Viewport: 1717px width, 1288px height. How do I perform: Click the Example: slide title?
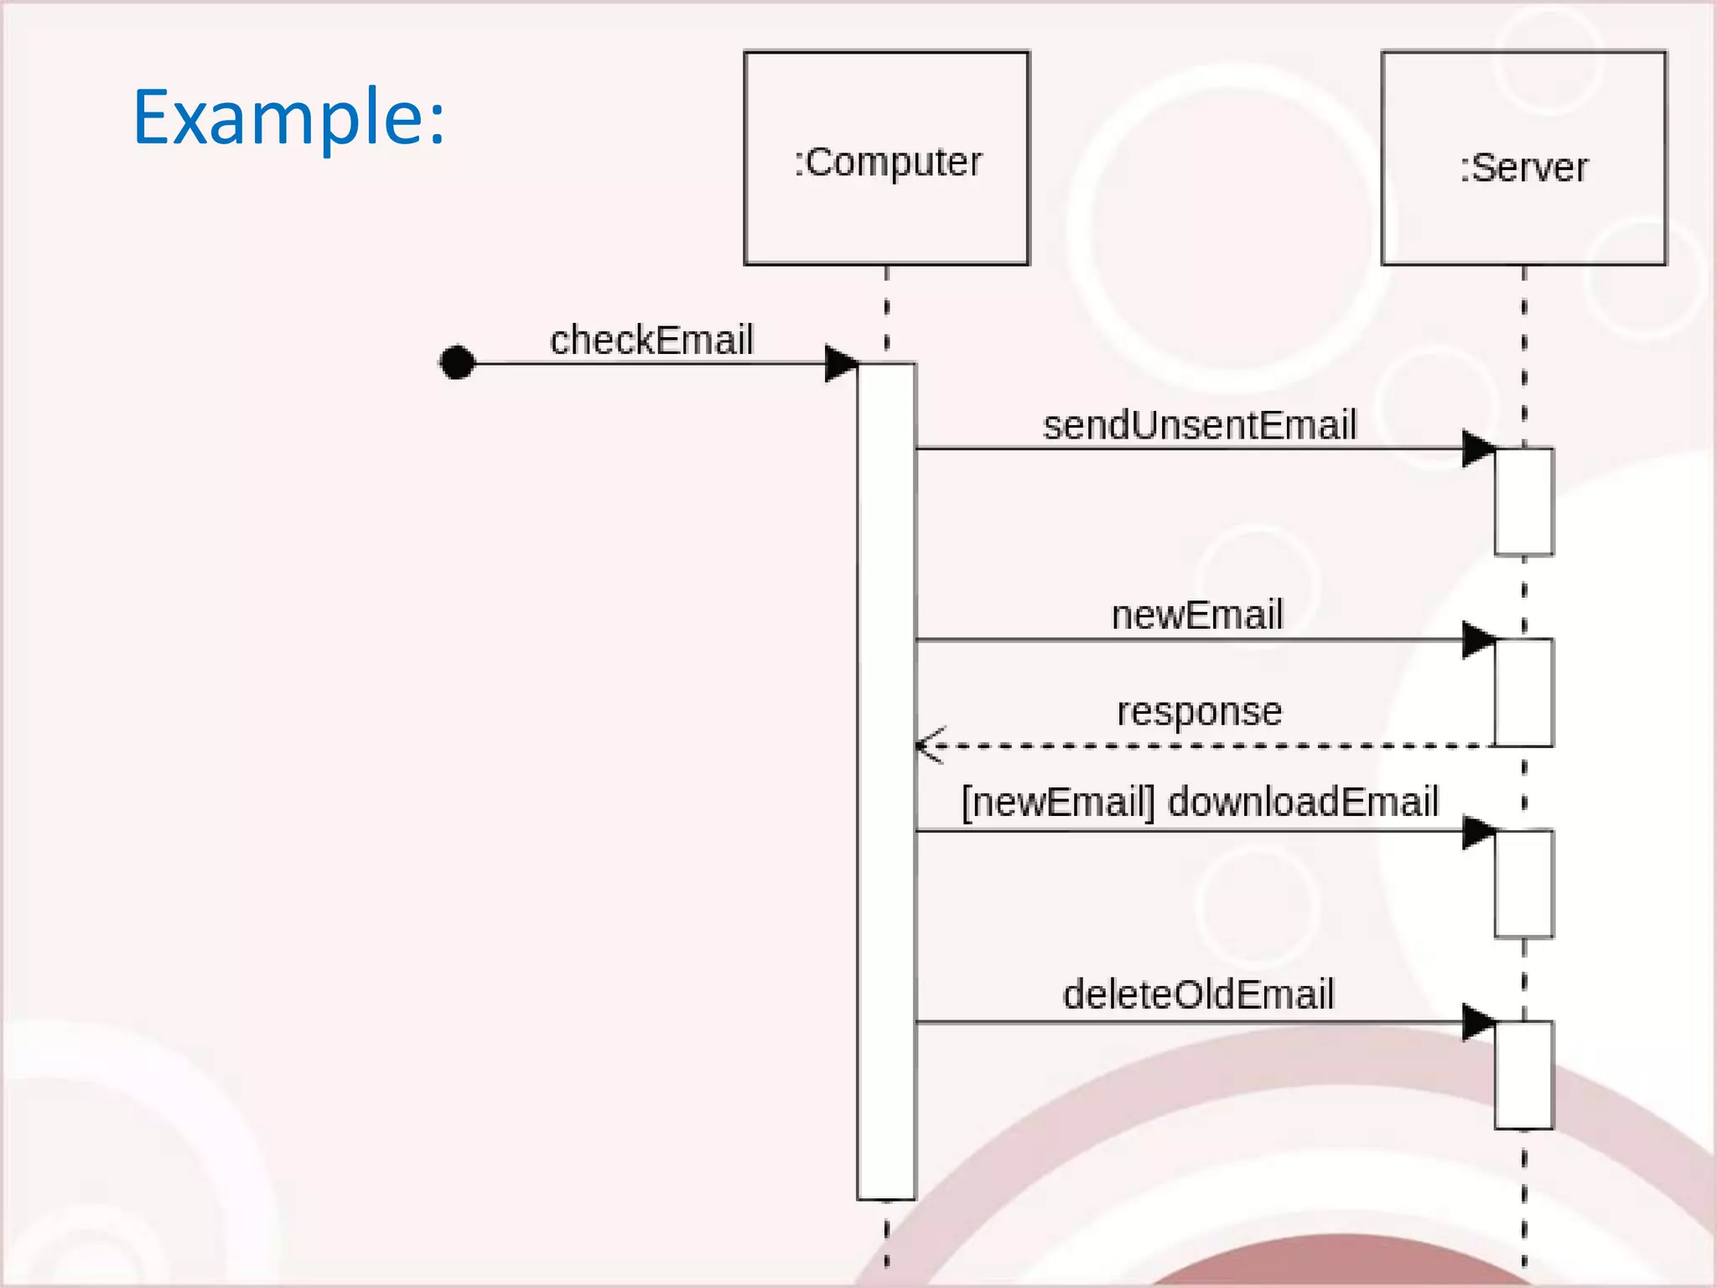288,117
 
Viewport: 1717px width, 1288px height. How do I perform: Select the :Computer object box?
886,158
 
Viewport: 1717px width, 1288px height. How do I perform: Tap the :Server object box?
1523,158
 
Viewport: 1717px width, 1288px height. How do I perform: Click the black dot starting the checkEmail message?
457,362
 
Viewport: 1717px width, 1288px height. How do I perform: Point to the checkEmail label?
651,340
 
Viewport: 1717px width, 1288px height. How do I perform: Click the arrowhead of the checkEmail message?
841,363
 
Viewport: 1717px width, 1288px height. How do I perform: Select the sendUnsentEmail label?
1199,424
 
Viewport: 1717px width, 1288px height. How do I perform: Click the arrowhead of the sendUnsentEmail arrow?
1478,449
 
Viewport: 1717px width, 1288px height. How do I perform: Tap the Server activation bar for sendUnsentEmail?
1523,501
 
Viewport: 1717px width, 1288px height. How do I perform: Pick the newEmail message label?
1197,615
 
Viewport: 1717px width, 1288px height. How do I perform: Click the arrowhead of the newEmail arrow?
1478,640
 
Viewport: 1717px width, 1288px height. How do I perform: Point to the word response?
1199,711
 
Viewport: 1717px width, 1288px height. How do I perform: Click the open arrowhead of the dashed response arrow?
929,745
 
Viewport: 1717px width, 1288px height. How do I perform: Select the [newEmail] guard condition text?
1058,802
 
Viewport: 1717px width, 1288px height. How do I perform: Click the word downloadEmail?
1303,802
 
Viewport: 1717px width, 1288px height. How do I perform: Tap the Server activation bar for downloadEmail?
1523,883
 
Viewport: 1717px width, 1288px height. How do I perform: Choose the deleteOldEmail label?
1198,995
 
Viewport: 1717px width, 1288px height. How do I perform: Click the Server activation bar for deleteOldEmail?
1523,1074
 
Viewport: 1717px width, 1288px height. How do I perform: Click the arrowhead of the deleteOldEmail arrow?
1478,1022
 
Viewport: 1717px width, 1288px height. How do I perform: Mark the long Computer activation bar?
886,780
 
